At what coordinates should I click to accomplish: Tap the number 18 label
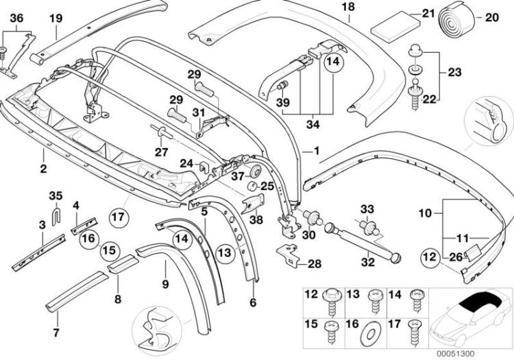tap(347, 7)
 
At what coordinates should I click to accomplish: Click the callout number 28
tap(315, 263)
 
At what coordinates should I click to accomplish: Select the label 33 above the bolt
tap(367, 208)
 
